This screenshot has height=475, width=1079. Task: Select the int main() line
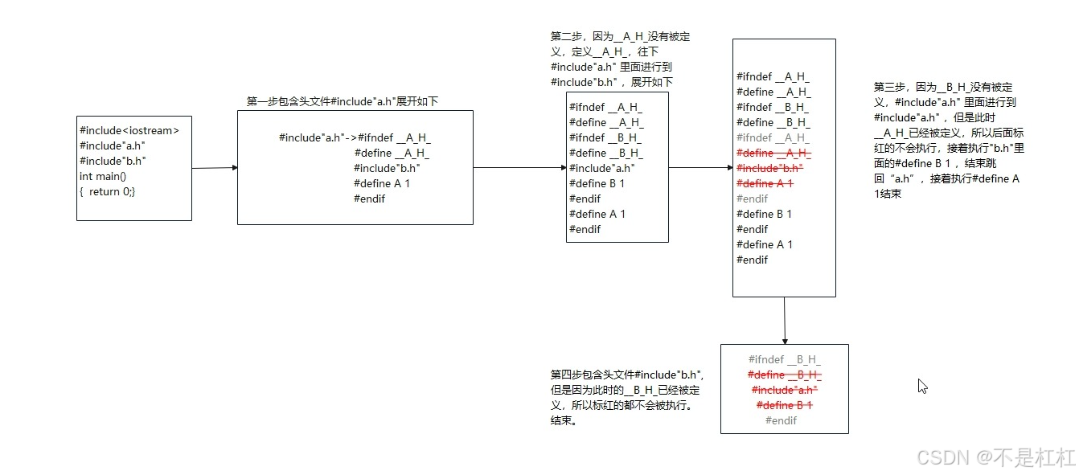coord(103,176)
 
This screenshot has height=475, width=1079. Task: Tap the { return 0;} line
coord(108,191)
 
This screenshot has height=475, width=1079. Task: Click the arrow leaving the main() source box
coord(215,168)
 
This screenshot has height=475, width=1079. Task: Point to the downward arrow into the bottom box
coord(784,321)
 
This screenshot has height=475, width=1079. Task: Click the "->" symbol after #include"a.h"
coord(351,137)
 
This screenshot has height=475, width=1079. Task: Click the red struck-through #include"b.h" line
coord(769,168)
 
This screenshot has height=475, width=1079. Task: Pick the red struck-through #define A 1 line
coord(765,183)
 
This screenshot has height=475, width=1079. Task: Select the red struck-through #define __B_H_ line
coord(785,375)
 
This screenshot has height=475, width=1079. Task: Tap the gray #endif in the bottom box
coord(781,420)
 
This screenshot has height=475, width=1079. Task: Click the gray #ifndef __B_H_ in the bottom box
coord(785,359)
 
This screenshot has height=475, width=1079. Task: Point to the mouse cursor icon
coord(922,386)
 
